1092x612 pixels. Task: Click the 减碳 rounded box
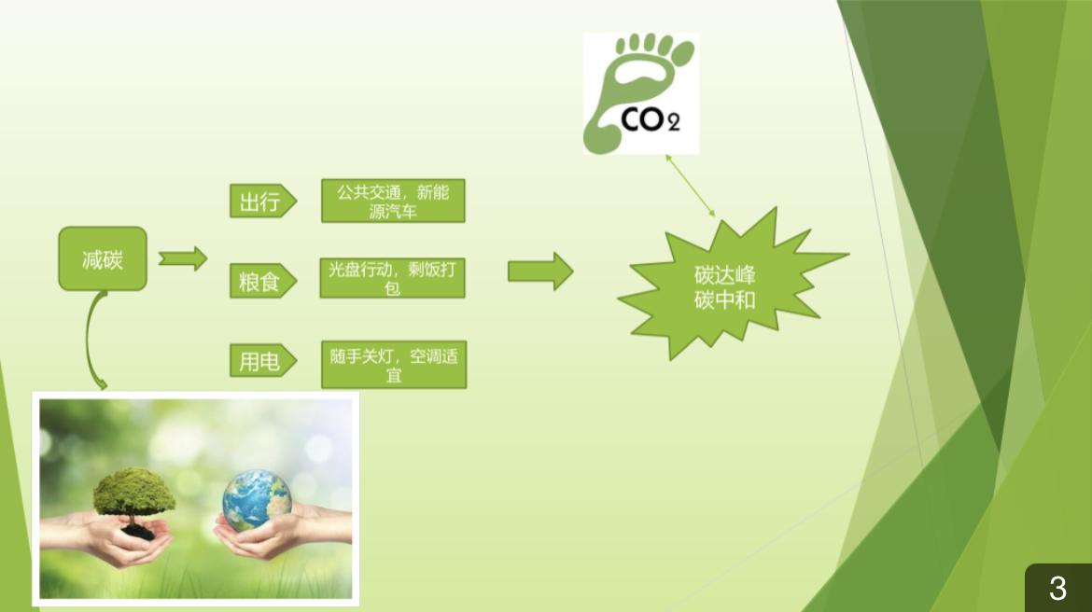tap(103, 258)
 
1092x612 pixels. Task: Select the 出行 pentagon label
tap(262, 202)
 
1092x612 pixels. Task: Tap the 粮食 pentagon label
tap(262, 281)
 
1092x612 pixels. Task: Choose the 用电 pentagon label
tap(262, 361)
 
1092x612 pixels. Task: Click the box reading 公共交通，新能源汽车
tap(393, 202)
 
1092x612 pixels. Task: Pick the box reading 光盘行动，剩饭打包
tap(393, 278)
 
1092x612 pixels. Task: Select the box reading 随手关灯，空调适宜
tap(394, 365)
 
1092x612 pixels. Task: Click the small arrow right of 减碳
tap(183, 258)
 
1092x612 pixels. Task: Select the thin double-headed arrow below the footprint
tap(690, 186)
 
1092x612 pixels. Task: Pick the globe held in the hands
tap(257, 499)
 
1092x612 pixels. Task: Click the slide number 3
tap(1057, 589)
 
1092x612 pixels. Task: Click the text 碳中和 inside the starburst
tap(725, 300)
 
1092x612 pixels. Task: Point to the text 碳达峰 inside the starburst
tap(725, 276)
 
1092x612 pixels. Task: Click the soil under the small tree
tap(138, 532)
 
